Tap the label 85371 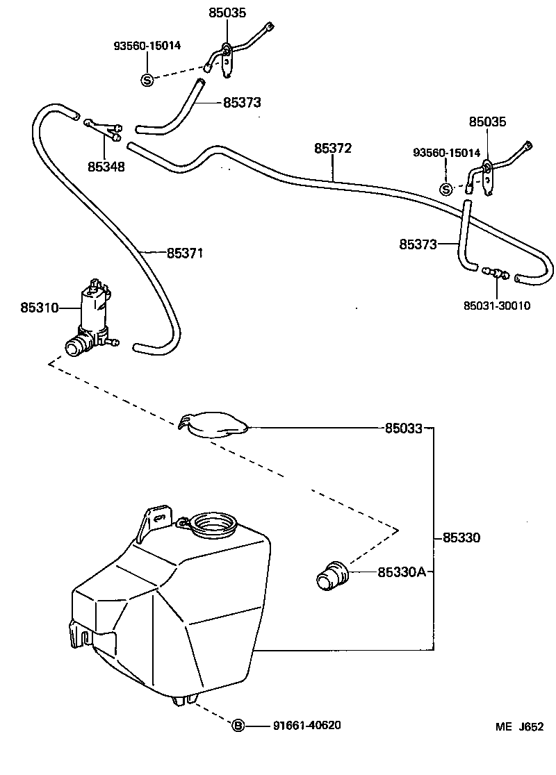(x=185, y=252)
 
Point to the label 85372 (x=333, y=149)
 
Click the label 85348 (x=106, y=167)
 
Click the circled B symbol (x=238, y=726)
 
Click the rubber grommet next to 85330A (x=332, y=575)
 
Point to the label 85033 (x=403, y=428)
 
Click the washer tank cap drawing (x=213, y=424)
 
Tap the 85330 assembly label (x=461, y=538)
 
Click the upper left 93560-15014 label (x=147, y=46)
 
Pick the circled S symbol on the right (x=446, y=189)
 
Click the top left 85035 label (x=227, y=12)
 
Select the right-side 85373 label (x=418, y=244)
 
